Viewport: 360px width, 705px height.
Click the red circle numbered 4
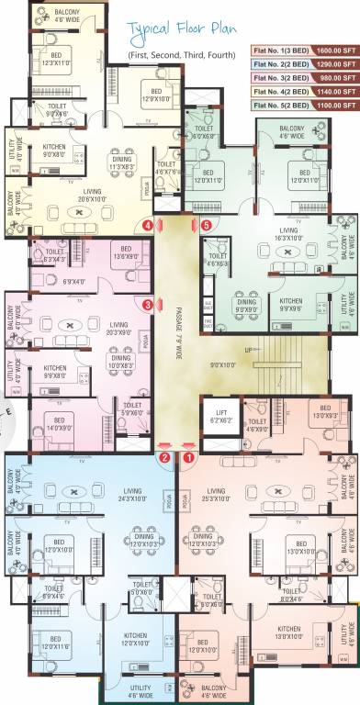click(x=148, y=224)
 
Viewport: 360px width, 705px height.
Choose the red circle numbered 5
click(x=206, y=224)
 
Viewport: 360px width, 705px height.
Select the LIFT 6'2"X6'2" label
click(x=221, y=416)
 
